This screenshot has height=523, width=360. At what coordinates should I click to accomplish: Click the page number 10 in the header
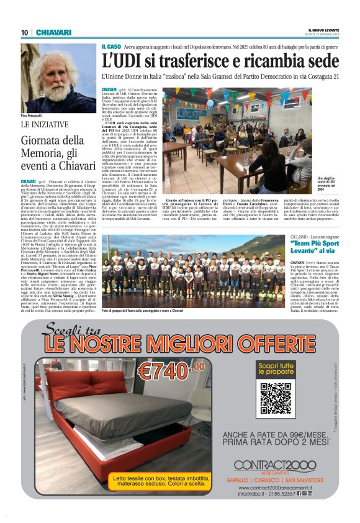click(x=25, y=33)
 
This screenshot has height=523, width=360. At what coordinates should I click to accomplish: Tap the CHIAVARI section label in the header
click(x=53, y=33)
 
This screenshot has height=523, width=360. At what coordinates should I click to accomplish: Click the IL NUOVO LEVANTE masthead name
click(x=323, y=30)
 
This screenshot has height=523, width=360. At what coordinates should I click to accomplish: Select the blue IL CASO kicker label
click(x=112, y=47)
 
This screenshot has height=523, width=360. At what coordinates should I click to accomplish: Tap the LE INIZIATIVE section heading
click(x=45, y=125)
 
